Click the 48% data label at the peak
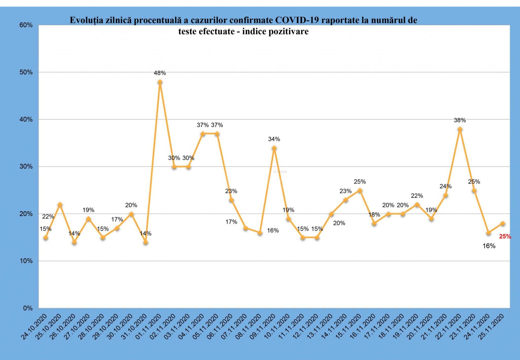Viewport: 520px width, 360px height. tap(160, 73)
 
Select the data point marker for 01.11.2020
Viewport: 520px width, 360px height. tap(160, 82)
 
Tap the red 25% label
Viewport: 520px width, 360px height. tap(505, 236)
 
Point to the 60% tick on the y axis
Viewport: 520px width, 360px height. tap(26, 25)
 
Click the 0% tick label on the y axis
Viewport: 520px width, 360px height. tap(28, 308)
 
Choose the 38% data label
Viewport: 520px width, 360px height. tap(460, 120)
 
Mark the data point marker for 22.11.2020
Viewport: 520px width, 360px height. tap(460, 129)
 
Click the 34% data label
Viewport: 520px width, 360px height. tap(274, 139)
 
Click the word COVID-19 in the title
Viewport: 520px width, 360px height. tap(297, 20)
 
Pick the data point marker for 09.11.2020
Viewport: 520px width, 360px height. tap(274, 148)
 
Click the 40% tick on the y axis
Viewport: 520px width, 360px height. tap(26, 119)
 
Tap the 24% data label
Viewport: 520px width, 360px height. tap(446, 186)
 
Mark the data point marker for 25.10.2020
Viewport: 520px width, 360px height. tap(60, 205)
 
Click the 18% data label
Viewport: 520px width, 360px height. tap(374, 214)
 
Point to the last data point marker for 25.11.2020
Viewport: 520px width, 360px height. tap(503, 223)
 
